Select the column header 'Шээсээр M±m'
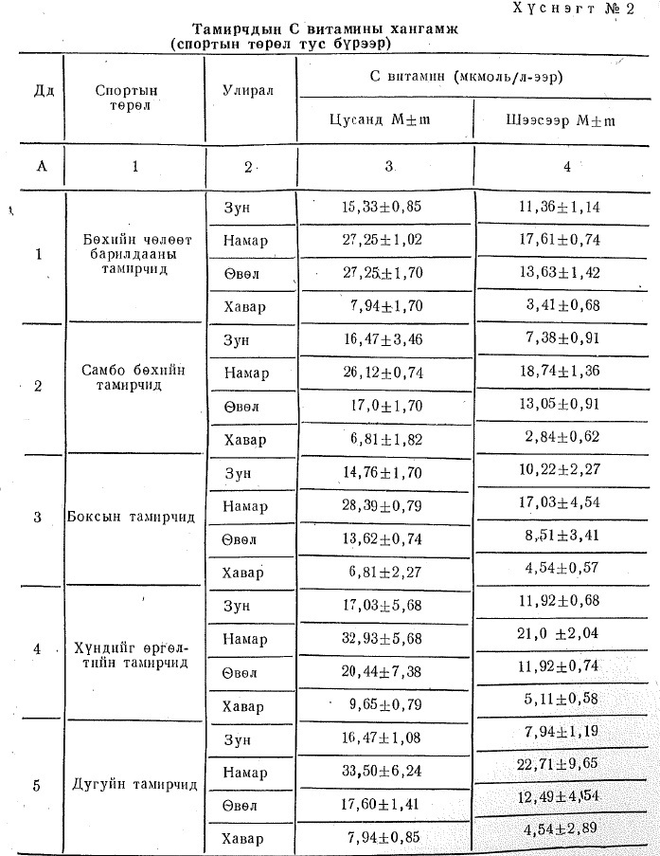pos(564,120)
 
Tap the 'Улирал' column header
pos(247,91)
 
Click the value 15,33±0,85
pos(381,206)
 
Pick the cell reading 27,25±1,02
pos(381,240)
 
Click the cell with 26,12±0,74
pos(381,372)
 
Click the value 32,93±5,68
pos(381,638)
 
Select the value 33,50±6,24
pos(381,772)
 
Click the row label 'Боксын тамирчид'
pos(133,518)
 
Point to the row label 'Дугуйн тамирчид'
pos(134,785)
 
